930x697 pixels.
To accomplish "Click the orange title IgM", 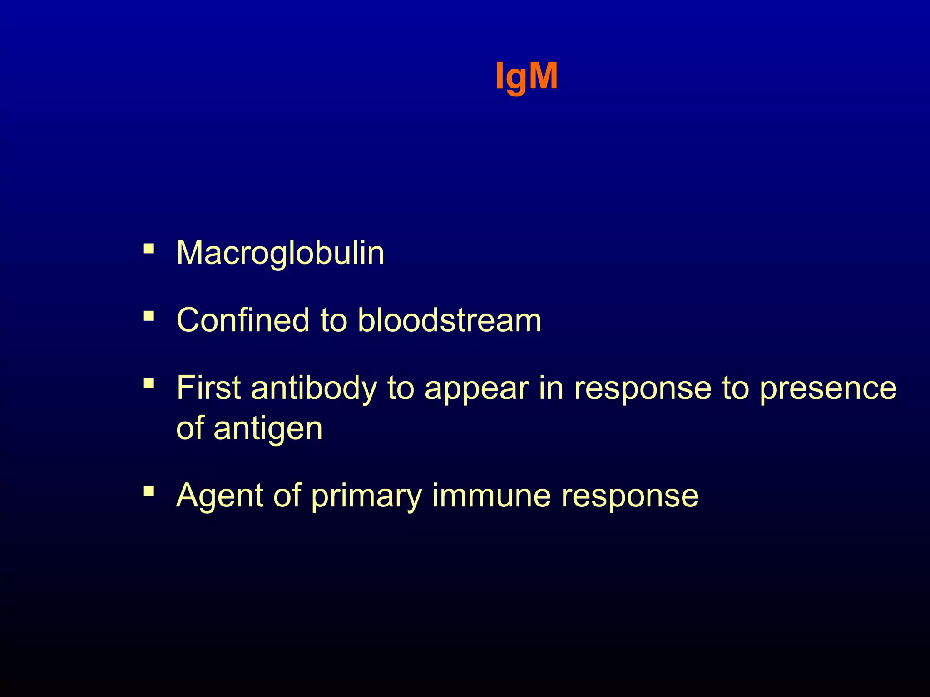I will pos(526,77).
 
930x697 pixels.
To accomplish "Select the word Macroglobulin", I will pos(280,253).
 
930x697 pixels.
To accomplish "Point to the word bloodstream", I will pos(450,320).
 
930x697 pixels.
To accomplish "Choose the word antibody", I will pos(314,389).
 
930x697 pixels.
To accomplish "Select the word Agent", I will pos(220,496).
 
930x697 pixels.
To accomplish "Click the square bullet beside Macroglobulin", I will pos(148,249).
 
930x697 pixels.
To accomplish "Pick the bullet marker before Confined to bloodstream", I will pos(148,316).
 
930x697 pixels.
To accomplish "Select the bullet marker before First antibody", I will pos(148,384).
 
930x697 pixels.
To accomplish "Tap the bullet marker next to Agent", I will pos(148,491).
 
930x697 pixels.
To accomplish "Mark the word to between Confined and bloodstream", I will pos(334,320).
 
